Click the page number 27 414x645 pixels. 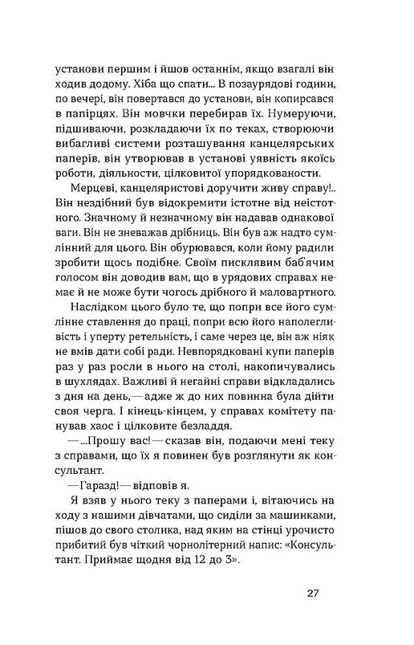314,594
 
